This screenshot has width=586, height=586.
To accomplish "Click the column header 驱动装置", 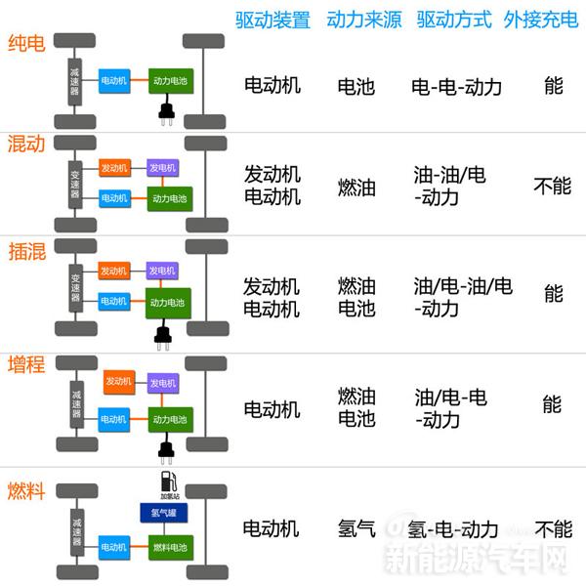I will point(272,20).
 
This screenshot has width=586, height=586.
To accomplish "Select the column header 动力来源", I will point(363,20).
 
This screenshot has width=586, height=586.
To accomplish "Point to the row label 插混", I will point(25,250).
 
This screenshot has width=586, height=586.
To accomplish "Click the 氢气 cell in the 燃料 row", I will point(356,529).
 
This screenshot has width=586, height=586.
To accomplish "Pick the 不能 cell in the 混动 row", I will point(553,186).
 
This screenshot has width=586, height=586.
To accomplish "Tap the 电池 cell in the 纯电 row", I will point(356,86).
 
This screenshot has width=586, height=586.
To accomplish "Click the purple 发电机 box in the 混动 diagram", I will point(162,168).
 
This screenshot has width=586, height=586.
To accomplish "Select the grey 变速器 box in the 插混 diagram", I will point(76,284).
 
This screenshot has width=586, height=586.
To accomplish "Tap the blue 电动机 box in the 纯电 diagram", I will point(114,80).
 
